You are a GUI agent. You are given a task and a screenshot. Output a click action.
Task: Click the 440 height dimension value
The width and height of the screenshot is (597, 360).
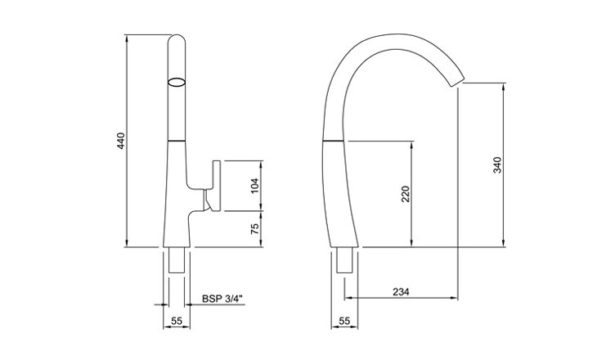coord(121,141)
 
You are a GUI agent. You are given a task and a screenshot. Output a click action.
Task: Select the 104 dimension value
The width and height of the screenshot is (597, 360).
coord(254,186)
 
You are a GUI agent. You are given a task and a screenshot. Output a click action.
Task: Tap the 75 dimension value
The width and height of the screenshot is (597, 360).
coord(254,228)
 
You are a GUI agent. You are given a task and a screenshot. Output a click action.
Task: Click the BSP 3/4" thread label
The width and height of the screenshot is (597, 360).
coord(222,299)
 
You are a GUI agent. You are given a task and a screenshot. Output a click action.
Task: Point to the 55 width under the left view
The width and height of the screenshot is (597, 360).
coord(177,322)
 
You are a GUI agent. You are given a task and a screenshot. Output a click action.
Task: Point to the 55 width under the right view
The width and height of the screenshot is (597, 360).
coord(344,322)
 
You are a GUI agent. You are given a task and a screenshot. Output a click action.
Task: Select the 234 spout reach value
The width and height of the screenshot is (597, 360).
coord(401,292)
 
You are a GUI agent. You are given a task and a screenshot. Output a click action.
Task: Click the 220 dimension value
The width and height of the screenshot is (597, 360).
coord(406,194)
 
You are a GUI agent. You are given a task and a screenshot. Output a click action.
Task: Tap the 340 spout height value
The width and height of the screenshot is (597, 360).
coord(497,165)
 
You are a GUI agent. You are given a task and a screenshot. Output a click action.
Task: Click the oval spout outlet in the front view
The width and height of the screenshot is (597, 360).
coord(177,83)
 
